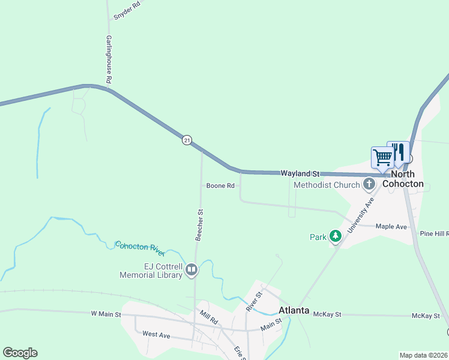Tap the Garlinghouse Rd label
pos(109,59)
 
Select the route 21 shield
pos(187,140)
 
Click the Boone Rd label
pos(220,186)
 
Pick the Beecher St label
pos(200,224)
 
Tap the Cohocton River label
pos(140,249)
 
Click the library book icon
pos(191,270)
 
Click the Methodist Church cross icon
pos(369,184)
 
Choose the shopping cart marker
pos(382,157)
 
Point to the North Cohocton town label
pos(403,179)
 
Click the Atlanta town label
pos(294,310)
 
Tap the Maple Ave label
pos(391,227)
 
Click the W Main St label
pos(106,313)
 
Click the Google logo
pos(20,353)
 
